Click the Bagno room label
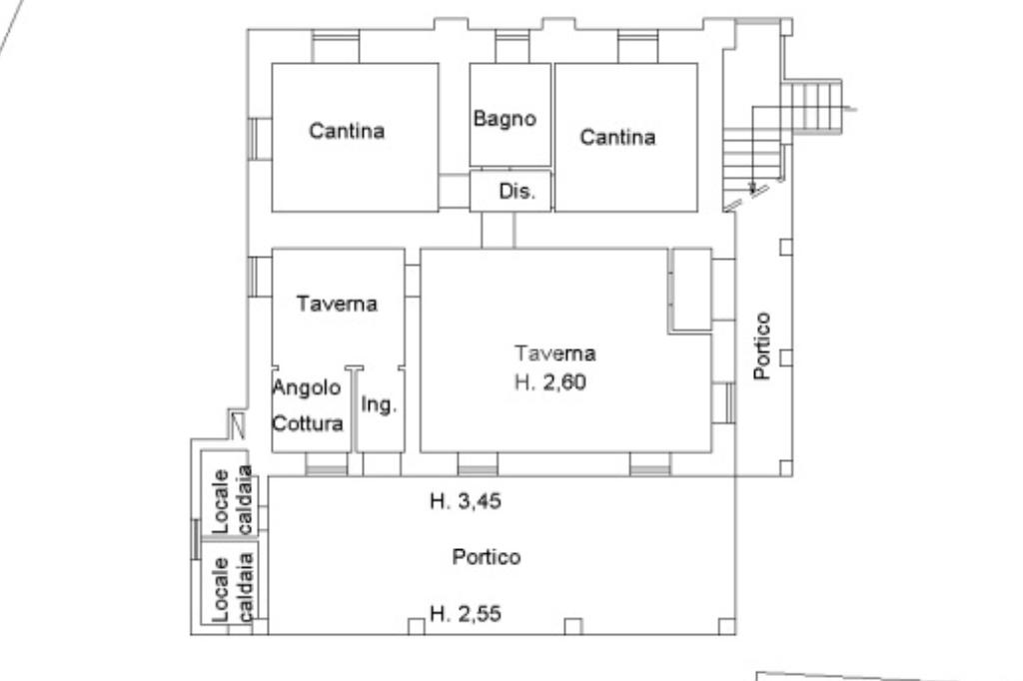click(505, 119)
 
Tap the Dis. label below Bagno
click(517, 192)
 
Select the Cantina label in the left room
click(347, 131)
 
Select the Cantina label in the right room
click(618, 138)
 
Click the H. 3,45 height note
click(466, 501)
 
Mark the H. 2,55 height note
click(466, 614)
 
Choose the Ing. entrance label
click(380, 405)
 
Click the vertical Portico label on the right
click(762, 345)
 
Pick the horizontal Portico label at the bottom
click(487, 557)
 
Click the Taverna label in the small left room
click(338, 305)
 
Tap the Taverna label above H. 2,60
click(555, 352)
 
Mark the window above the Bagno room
click(512, 46)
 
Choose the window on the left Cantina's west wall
click(260, 138)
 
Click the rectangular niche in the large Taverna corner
click(690, 289)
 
